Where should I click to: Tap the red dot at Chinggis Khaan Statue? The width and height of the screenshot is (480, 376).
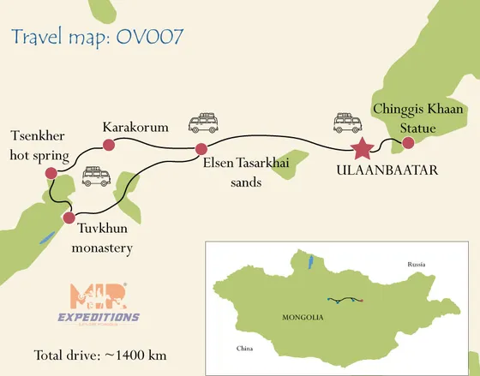tap(408, 142)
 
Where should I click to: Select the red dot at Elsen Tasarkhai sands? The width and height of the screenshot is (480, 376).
tap(201, 149)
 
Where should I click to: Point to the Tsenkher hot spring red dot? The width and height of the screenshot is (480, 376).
tap(51, 174)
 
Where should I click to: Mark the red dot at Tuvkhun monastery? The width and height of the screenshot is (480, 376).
tap(69, 218)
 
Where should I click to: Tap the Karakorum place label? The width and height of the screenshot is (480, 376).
tap(135, 128)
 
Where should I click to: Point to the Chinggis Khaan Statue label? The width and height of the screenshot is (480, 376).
tap(417, 118)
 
